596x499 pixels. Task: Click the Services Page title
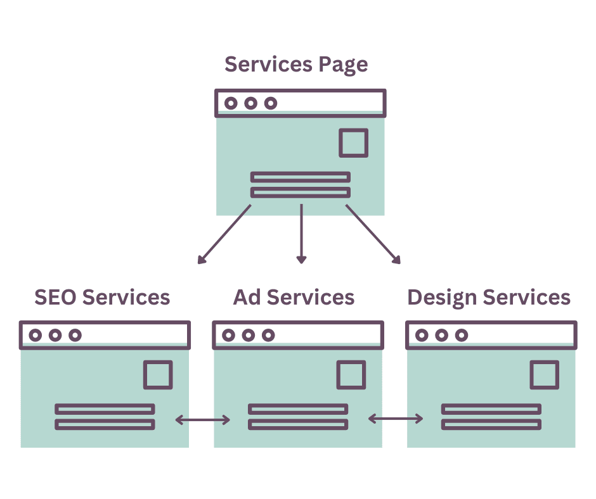(x=296, y=65)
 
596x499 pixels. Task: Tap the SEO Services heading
(x=102, y=297)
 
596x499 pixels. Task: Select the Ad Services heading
(x=294, y=297)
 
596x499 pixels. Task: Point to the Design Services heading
(x=488, y=297)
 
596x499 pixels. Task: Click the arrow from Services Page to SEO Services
(x=225, y=234)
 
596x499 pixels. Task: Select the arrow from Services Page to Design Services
(x=373, y=234)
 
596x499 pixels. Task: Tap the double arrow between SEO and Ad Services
(x=203, y=419)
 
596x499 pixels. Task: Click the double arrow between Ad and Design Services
(x=396, y=419)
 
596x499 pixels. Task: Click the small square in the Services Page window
(x=353, y=142)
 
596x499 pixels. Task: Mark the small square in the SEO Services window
(x=158, y=374)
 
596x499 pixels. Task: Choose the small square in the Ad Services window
(x=351, y=374)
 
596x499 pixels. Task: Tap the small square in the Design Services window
(x=544, y=374)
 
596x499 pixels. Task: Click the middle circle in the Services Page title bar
(x=251, y=103)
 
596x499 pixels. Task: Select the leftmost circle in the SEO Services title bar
(x=36, y=335)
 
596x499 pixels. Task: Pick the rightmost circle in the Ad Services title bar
(x=268, y=335)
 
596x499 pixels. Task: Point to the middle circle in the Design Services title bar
(x=442, y=335)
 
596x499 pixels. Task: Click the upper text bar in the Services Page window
(x=301, y=177)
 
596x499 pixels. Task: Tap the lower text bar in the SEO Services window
(x=105, y=424)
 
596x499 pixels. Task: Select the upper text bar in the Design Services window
(x=491, y=409)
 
